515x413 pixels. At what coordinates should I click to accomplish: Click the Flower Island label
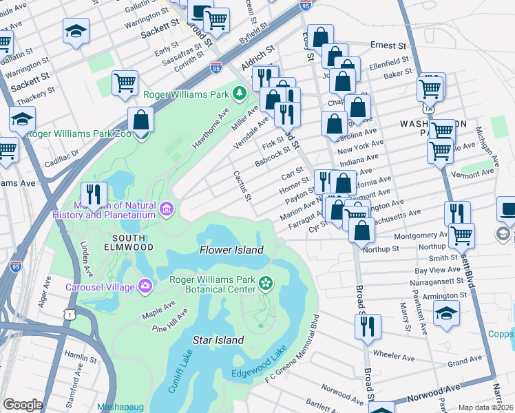click(x=231, y=250)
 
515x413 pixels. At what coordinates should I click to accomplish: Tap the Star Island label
click(x=218, y=340)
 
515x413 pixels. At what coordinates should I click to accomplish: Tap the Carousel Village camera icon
click(x=145, y=286)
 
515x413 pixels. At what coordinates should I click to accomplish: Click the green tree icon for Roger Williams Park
click(x=239, y=92)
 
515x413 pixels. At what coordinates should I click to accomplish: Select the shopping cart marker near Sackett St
click(x=125, y=83)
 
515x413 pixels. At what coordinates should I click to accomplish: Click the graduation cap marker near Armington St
click(x=446, y=313)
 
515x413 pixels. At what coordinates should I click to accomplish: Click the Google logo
click(x=22, y=405)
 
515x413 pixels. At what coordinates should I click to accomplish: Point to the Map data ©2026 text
click(x=485, y=407)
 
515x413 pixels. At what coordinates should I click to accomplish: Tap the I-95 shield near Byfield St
click(x=216, y=67)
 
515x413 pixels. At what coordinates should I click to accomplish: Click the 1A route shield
click(x=429, y=109)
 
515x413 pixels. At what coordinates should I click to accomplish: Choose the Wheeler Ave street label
click(x=393, y=357)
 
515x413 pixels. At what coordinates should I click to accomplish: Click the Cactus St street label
click(x=242, y=187)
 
